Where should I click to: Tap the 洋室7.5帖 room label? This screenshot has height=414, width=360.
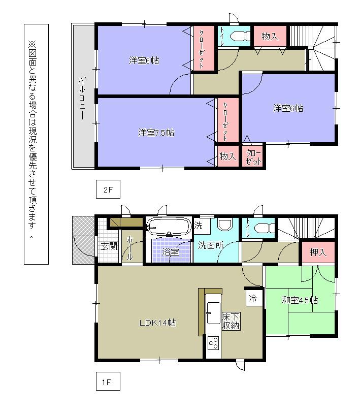[156, 133]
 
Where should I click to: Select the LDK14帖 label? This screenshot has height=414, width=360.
[158, 323]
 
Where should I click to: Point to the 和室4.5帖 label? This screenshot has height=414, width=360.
[300, 300]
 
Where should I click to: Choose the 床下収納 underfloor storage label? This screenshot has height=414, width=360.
[231, 322]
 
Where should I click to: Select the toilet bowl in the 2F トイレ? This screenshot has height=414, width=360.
[239, 36]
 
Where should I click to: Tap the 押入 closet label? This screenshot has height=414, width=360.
[318, 252]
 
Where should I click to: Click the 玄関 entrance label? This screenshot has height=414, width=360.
[108, 246]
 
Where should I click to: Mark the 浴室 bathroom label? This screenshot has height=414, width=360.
[170, 252]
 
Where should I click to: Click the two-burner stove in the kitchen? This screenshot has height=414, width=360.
[213, 344]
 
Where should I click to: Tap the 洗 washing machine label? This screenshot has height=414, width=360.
[199, 224]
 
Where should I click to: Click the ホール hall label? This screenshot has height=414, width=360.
[130, 247]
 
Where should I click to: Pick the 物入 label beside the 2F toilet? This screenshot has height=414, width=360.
[270, 36]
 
